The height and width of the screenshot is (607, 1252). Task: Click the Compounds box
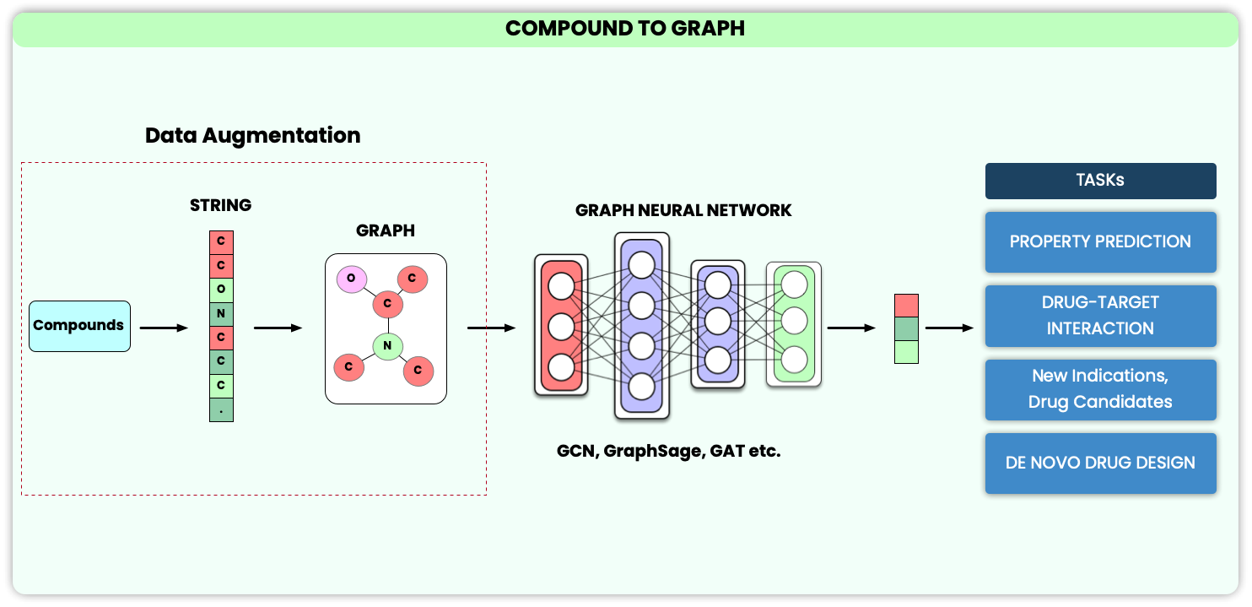click(x=79, y=326)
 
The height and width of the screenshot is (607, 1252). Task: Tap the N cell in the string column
click(x=221, y=314)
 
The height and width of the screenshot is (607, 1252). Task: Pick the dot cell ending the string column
click(x=221, y=409)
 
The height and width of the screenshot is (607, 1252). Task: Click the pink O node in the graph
click(x=351, y=279)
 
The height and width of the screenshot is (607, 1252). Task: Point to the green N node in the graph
click(x=387, y=345)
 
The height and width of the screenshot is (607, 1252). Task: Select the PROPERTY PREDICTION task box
click(x=1100, y=241)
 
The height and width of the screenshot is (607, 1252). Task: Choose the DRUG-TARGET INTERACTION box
click(x=1100, y=316)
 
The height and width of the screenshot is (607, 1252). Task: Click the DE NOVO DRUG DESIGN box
click(x=1100, y=463)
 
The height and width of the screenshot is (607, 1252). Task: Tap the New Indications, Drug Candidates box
click(x=1100, y=389)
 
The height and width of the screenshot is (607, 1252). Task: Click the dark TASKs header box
click(x=1100, y=181)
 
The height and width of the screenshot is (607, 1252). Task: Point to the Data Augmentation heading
click(x=252, y=135)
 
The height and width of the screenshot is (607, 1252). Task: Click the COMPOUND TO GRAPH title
click(x=625, y=29)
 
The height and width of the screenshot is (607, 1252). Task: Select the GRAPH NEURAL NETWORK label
click(x=683, y=210)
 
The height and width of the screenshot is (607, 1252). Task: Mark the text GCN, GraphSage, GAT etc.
click(x=669, y=451)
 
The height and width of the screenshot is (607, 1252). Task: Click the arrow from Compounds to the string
click(x=164, y=328)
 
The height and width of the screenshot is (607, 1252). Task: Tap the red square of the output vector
click(x=906, y=306)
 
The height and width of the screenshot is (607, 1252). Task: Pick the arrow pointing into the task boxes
click(x=949, y=328)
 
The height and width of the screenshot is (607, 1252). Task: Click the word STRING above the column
click(x=220, y=205)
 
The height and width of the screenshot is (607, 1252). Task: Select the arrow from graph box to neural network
click(x=491, y=328)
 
